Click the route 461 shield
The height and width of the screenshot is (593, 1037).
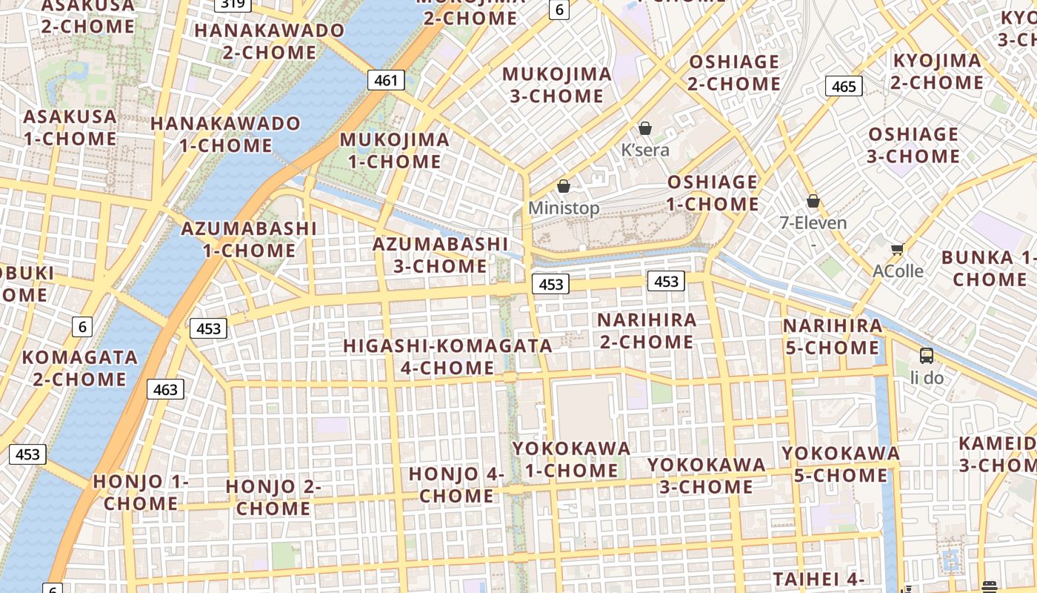click(386, 80)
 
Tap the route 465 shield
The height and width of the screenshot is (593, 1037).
click(844, 86)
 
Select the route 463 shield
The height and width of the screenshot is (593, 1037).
click(165, 389)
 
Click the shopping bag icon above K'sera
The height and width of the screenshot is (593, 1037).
click(645, 128)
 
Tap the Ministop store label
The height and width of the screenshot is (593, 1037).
click(564, 208)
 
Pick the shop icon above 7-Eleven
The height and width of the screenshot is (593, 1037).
click(813, 201)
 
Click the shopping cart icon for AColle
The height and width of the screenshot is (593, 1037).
click(898, 250)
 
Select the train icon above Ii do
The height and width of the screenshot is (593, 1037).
click(927, 356)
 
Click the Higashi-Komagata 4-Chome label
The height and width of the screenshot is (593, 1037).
click(447, 357)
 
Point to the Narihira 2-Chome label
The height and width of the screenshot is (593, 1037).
click(647, 331)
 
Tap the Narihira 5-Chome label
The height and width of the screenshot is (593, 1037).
click(833, 337)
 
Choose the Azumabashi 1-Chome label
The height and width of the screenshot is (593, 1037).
click(249, 239)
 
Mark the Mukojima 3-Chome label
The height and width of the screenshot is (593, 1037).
click(557, 85)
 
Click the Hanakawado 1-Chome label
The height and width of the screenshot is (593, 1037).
click(226, 134)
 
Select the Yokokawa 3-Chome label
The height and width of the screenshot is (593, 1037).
click(706, 476)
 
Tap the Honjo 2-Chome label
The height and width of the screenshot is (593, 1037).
click(273, 497)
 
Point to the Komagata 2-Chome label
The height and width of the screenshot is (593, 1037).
click(79, 368)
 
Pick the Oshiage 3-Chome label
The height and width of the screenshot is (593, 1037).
click(913, 145)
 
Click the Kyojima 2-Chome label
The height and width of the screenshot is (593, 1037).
click(937, 71)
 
